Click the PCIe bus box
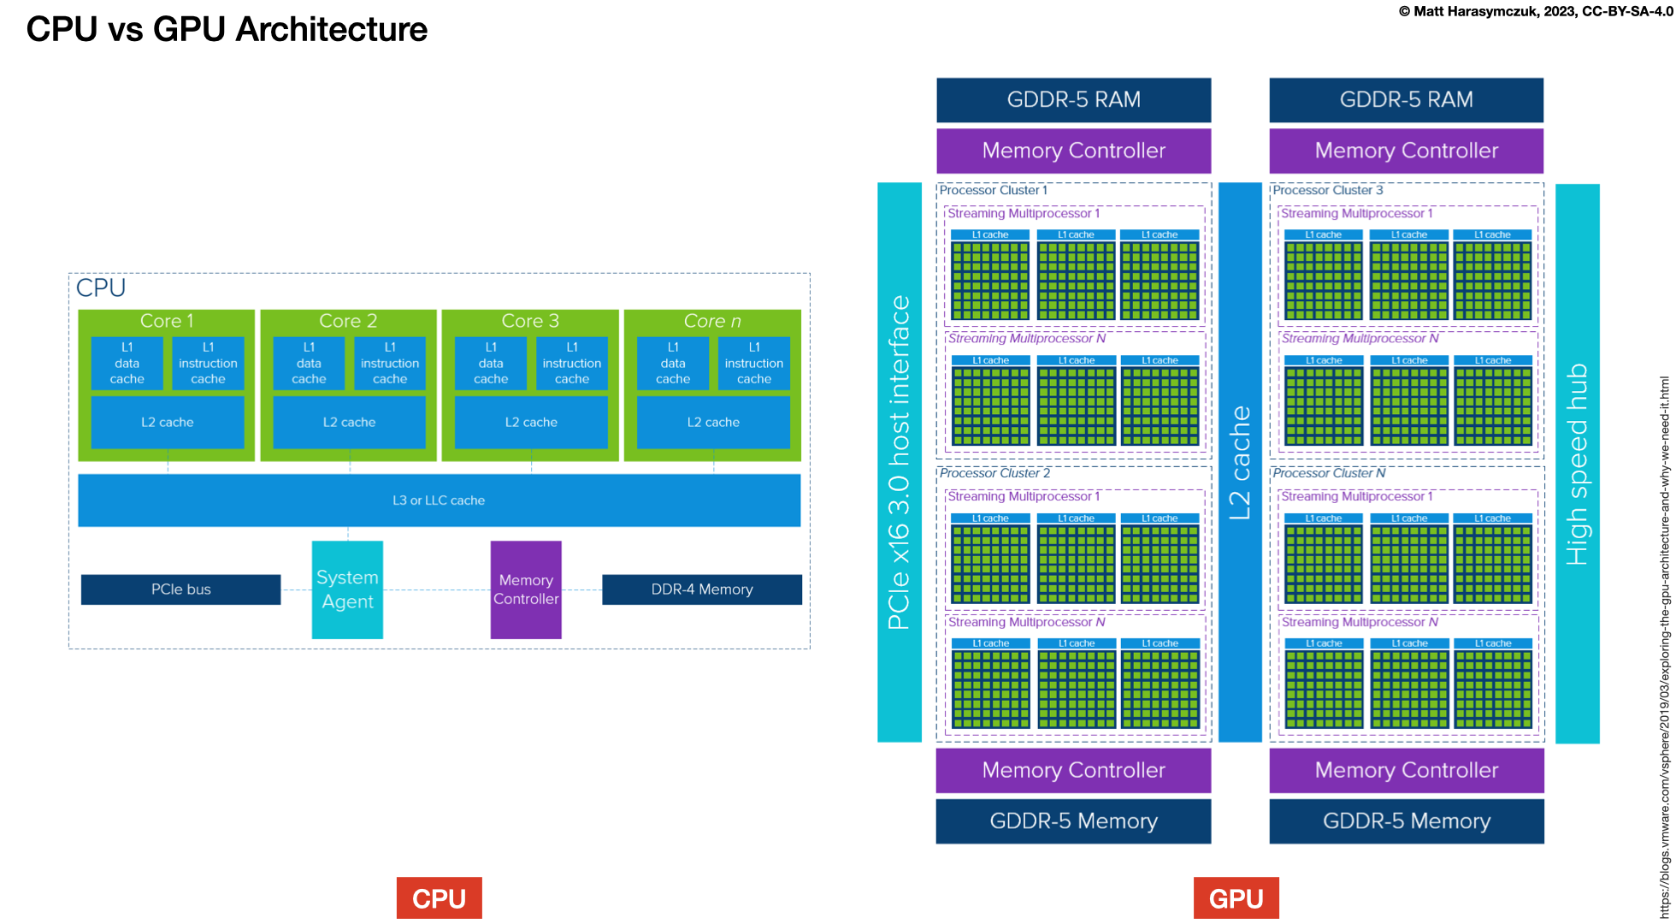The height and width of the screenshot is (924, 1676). point(180,589)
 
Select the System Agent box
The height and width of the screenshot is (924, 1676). point(347,589)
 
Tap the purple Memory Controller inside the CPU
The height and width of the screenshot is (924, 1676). point(526,589)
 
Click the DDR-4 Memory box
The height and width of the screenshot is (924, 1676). point(702,589)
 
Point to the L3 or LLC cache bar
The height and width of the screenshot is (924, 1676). point(439,500)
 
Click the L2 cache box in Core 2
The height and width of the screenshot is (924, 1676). point(349,423)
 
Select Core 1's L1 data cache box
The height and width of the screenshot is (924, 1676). point(127,364)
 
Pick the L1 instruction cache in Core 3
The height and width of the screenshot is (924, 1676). point(572,364)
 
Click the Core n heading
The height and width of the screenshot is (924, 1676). point(712,321)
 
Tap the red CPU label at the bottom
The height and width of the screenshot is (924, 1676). point(439,898)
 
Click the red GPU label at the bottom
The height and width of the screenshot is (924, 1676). point(1236,898)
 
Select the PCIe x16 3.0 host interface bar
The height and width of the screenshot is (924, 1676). point(900,462)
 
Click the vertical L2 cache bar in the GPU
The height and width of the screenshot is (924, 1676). point(1240,462)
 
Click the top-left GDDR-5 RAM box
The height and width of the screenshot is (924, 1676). point(1073,100)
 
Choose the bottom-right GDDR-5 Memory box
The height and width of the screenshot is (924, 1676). point(1407,821)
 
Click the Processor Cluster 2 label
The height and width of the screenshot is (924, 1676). point(994,473)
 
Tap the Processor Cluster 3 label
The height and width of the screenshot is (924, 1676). point(1327,190)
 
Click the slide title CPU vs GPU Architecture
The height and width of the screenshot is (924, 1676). point(227,29)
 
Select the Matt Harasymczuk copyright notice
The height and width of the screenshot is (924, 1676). point(1536,11)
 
